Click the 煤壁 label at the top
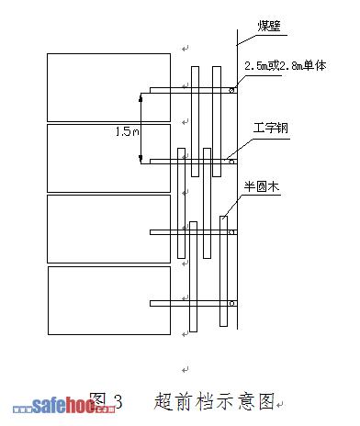(269, 26)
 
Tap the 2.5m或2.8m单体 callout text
(286, 66)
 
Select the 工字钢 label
(271, 128)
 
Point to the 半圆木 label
(262, 186)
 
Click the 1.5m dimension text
(128, 131)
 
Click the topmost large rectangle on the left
(108, 87)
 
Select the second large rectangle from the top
(108, 158)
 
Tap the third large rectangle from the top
(108, 229)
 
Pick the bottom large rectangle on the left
(109, 300)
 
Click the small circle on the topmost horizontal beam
(231, 90)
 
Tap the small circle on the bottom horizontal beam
(231, 304)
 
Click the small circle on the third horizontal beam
(231, 232)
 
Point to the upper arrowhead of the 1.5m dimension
(141, 98)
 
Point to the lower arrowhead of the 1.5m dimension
(141, 159)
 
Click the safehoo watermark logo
(64, 405)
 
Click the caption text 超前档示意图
(214, 401)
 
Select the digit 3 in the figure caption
(118, 401)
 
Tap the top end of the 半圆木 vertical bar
(223, 217)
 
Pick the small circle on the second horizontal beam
(231, 162)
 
